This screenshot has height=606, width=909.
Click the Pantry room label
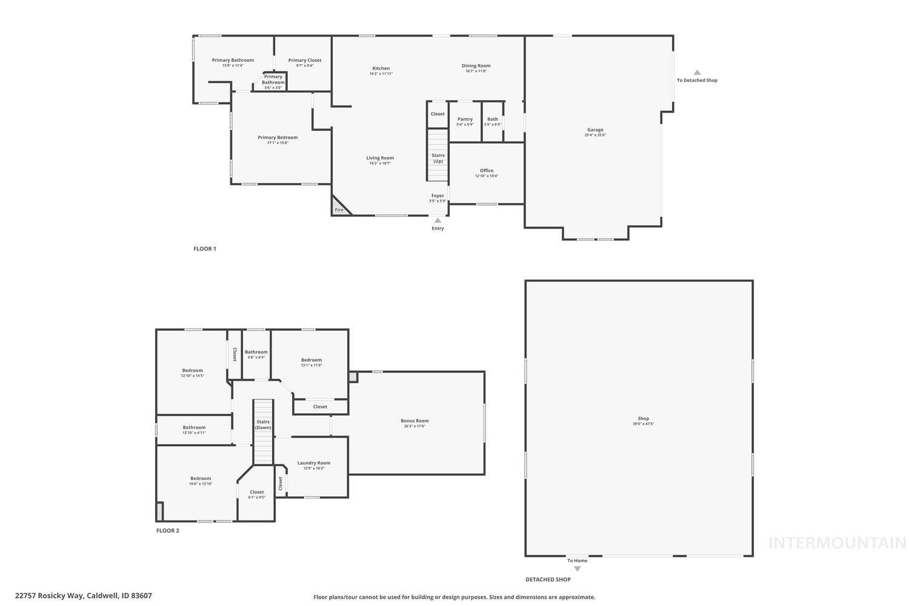pos(465,119)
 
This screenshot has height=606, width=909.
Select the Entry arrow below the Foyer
pos(438,221)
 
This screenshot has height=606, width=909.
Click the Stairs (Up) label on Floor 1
pos(438,158)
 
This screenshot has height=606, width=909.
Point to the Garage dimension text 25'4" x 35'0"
pos(594,135)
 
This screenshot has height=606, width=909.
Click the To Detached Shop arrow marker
pos(697,72)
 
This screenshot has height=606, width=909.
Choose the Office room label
pos(486,170)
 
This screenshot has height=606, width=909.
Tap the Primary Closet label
pos(304,60)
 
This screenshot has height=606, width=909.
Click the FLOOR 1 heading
pos(204,248)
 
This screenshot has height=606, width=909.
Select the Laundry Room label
pos(313,463)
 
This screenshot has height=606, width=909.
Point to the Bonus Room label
pos(415,421)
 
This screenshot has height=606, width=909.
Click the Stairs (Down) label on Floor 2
pos(263,425)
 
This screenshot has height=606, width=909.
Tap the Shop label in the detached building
pos(643,418)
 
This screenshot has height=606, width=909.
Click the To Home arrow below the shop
pos(577,568)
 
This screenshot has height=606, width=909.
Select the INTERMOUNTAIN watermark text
pos(837,543)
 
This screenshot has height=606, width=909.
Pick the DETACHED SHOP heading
pos(548,579)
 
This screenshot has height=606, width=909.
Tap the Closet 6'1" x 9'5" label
pos(256,492)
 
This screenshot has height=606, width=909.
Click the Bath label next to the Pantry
pos(492,119)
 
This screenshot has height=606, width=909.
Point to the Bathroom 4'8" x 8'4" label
pos(256,352)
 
